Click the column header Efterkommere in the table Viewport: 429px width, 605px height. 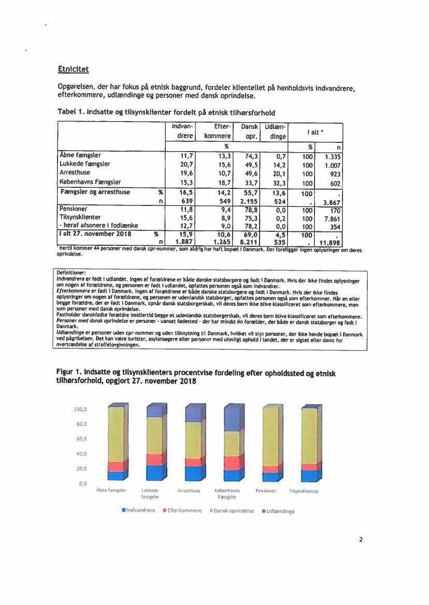pyautogui.click(x=218, y=131)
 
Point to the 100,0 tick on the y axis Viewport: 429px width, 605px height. pyautogui.click(x=80, y=409)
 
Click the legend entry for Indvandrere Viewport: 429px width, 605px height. pyautogui.click(x=138, y=510)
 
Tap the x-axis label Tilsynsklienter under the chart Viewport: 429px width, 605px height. pyautogui.click(x=304, y=491)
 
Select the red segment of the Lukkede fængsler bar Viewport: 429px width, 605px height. pyautogui.click(x=155, y=460)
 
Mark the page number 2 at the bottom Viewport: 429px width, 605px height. pyautogui.click(x=361, y=539)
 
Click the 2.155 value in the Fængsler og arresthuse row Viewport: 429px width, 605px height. pyautogui.click(x=249, y=201)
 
